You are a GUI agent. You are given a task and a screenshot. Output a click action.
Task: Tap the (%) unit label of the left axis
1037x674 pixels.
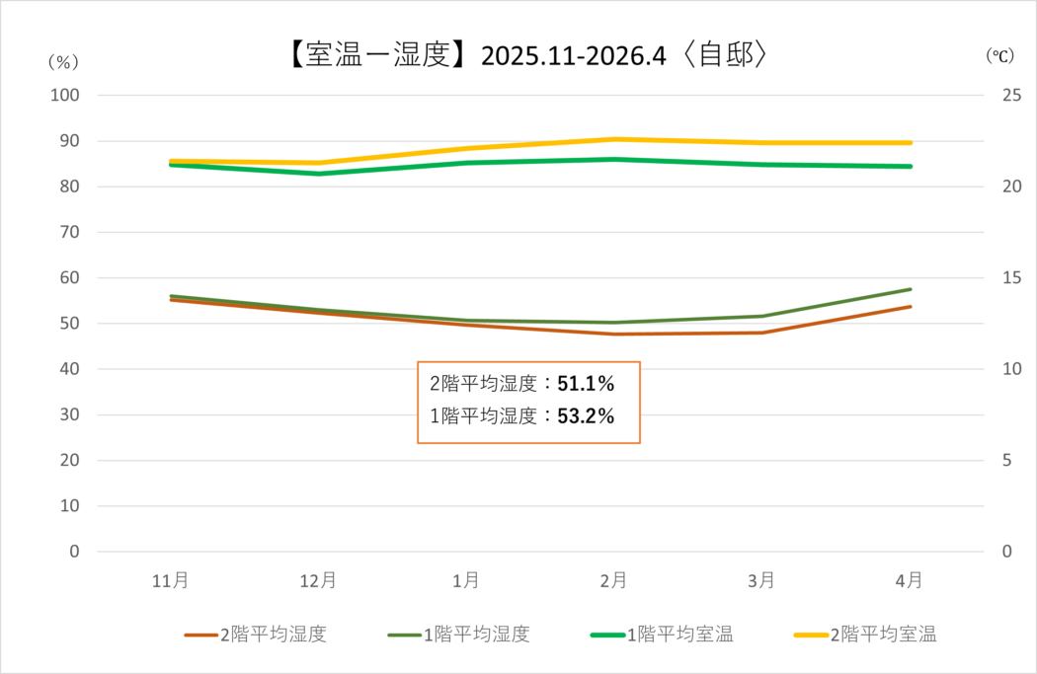click(x=63, y=62)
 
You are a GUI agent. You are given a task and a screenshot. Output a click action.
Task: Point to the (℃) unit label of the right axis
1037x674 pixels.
click(x=999, y=55)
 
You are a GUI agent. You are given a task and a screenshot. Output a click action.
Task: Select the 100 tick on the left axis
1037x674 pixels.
click(x=65, y=95)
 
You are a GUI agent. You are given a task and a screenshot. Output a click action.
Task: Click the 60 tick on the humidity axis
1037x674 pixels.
click(x=69, y=277)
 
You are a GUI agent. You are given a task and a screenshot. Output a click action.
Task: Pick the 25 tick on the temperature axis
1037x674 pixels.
click(x=1011, y=95)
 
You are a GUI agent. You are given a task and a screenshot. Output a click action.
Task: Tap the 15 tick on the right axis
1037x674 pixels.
click(x=1011, y=277)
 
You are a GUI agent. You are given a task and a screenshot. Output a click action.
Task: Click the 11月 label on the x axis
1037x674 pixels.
click(x=171, y=581)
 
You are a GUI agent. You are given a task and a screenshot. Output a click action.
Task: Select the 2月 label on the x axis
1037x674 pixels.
click(x=613, y=581)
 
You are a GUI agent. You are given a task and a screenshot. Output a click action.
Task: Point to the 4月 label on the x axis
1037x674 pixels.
click(x=910, y=581)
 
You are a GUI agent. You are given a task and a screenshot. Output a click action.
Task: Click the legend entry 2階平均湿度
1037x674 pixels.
click(x=255, y=635)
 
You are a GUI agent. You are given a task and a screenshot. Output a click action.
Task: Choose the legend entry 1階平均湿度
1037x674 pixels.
click(x=459, y=635)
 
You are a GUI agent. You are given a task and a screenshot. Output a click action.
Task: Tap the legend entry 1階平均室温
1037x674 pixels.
click(x=662, y=635)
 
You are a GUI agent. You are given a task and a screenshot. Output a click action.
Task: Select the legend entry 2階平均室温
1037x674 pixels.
click(x=865, y=635)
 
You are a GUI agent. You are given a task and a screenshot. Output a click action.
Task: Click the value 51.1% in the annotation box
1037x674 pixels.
click(x=586, y=384)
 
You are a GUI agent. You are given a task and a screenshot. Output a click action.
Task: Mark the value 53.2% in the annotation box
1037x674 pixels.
click(x=586, y=416)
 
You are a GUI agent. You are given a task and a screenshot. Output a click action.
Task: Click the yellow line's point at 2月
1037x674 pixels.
click(x=614, y=139)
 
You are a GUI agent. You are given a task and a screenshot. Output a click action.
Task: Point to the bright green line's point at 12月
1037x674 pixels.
click(x=319, y=174)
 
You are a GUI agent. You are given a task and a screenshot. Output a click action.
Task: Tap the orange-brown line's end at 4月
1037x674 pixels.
click(x=911, y=307)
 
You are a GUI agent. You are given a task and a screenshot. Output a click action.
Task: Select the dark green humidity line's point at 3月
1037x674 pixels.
click(x=762, y=316)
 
